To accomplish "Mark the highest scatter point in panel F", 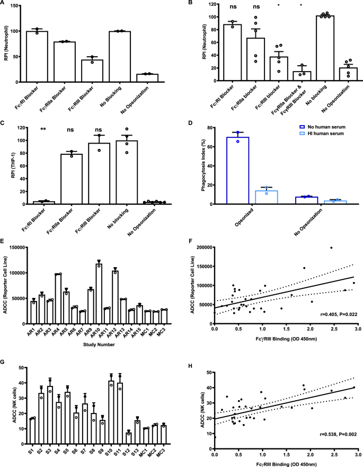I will pos(331,248).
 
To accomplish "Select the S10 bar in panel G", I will pos(111,424).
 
